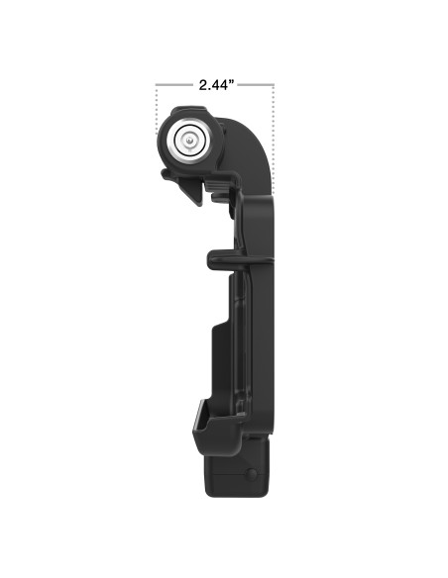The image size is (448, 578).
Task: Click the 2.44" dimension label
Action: tap(214, 85)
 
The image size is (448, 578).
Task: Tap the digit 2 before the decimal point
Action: tap(201, 85)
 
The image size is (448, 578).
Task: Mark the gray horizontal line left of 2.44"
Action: tap(173, 85)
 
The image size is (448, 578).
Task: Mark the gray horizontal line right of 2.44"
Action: tap(255, 85)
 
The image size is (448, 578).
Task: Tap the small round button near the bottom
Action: tap(255, 477)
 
